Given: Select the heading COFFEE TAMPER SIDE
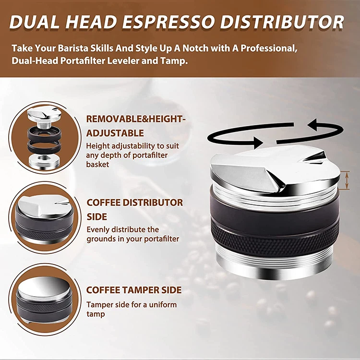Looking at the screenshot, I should (x=134, y=290).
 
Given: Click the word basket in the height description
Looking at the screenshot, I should (x=98, y=164).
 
